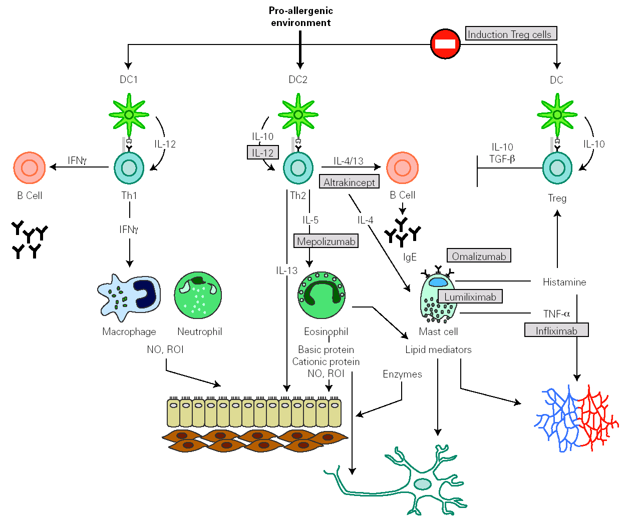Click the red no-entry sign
click(445, 43)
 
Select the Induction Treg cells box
click(511, 33)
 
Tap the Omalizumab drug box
click(479, 256)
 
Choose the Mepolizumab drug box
click(326, 241)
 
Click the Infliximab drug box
click(556, 330)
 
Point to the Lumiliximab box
click(470, 296)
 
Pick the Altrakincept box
click(349, 181)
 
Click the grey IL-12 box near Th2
click(262, 152)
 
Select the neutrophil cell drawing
click(198, 295)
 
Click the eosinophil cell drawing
click(322, 295)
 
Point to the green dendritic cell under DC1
click(129, 114)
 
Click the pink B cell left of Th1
click(30, 167)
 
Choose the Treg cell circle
click(557, 168)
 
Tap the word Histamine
click(564, 282)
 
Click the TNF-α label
click(556, 313)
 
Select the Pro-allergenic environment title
click(300, 16)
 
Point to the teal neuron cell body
click(422, 483)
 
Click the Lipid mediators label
click(438, 349)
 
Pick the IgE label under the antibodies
click(410, 257)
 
